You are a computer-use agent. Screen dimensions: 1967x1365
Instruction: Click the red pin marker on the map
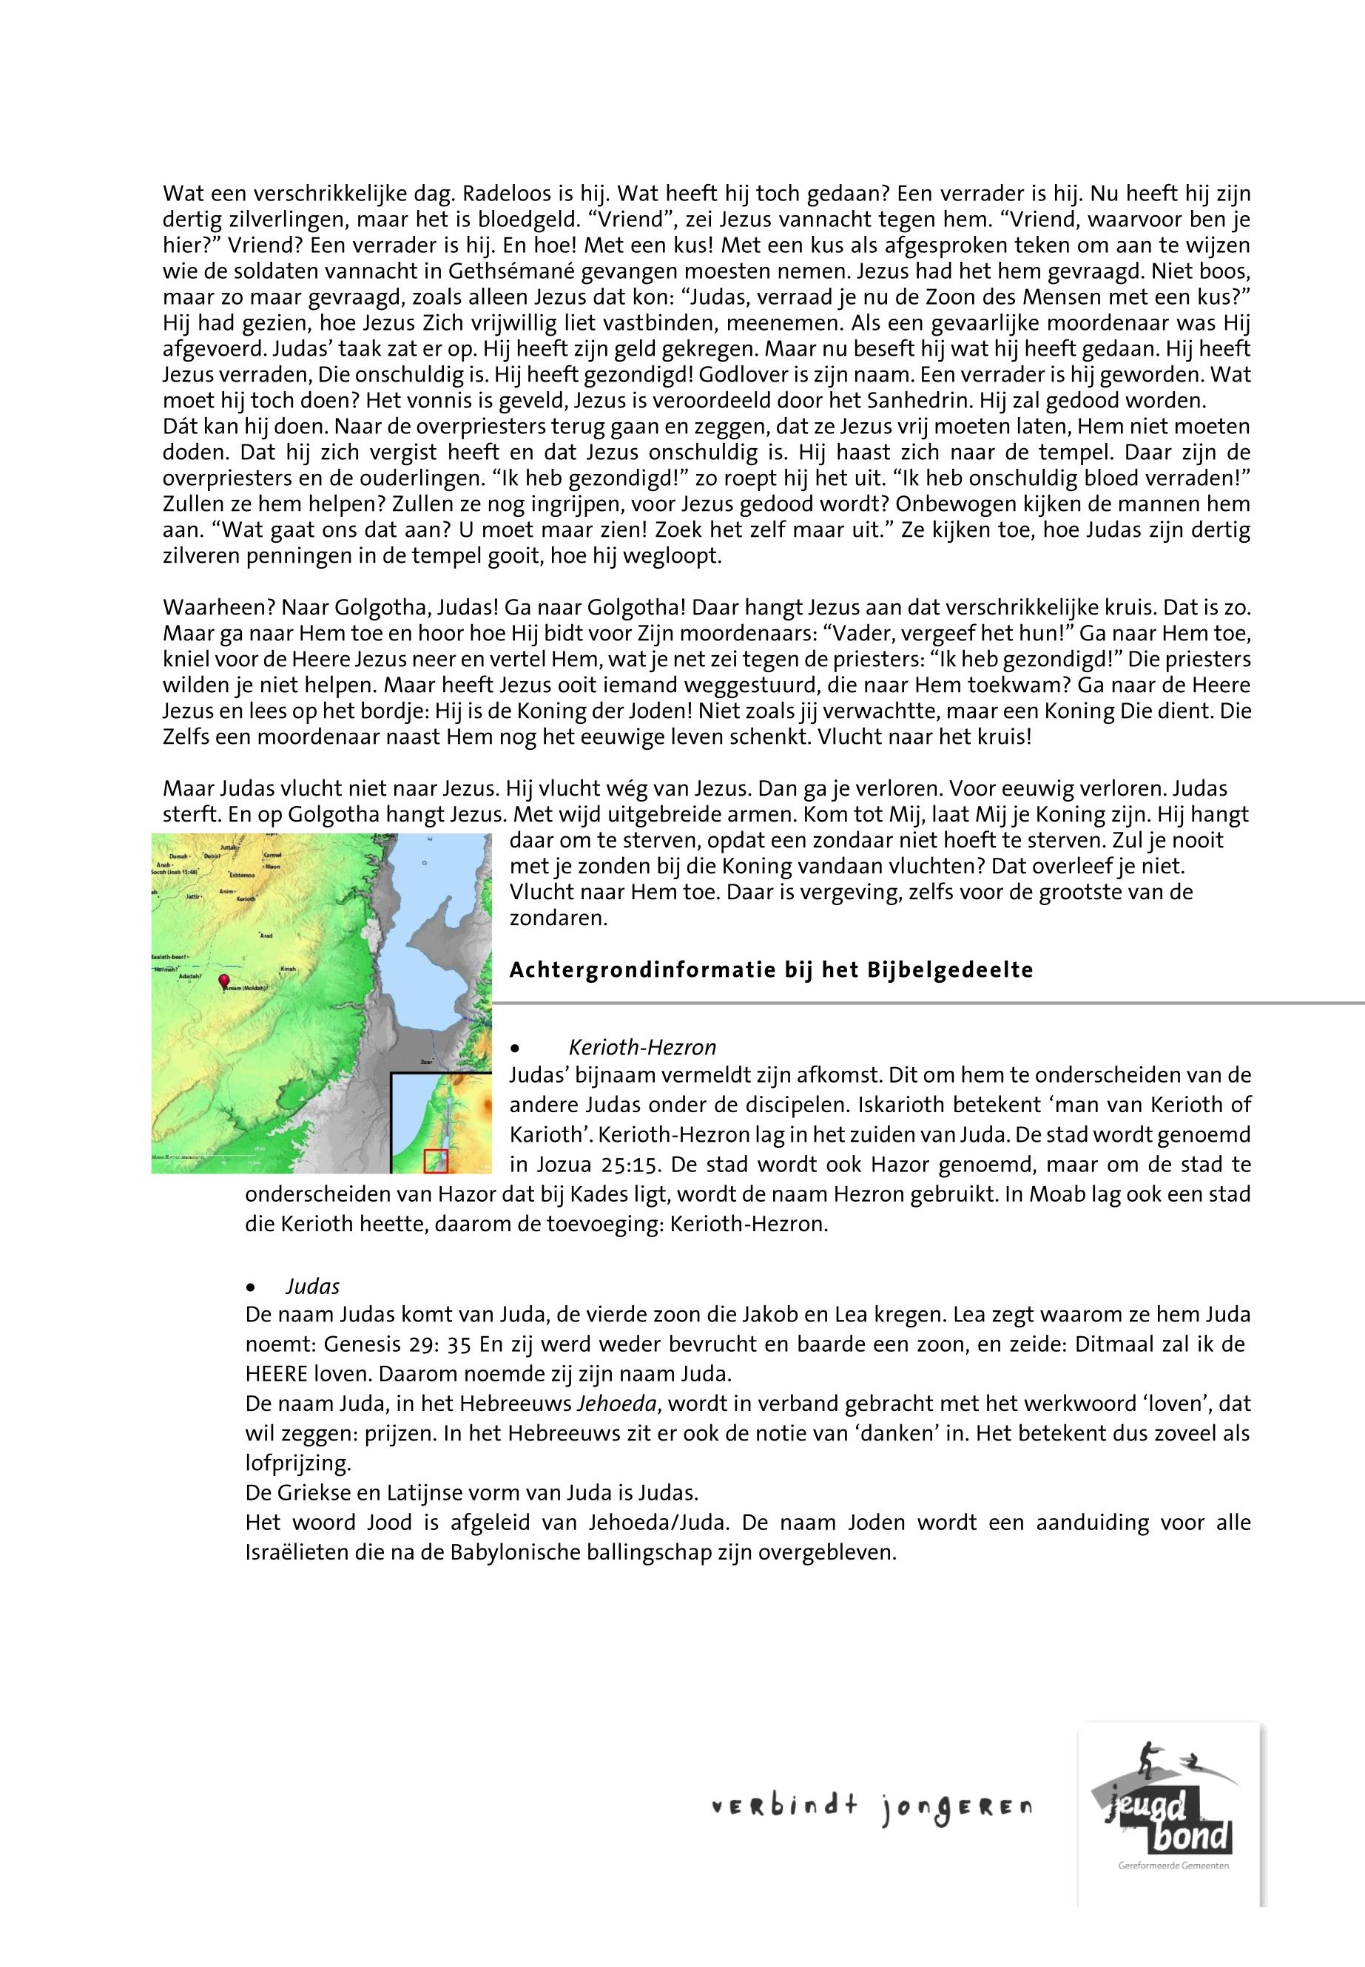[x=224, y=981]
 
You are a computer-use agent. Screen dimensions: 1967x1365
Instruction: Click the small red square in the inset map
[x=437, y=1161]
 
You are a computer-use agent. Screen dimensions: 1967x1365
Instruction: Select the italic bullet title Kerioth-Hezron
[x=641, y=1047]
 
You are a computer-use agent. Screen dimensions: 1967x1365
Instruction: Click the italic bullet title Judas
[x=313, y=1287]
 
